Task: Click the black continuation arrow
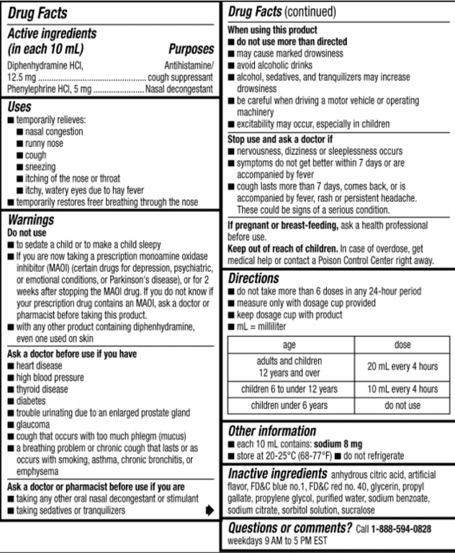pos(210,510)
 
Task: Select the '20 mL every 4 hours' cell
pos(402,366)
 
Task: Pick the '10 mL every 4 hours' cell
pos(402,389)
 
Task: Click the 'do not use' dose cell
pos(402,406)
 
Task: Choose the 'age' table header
pos(289,345)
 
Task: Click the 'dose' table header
pos(402,345)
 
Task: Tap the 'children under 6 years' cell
pos(289,406)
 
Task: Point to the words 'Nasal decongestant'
pos(179,89)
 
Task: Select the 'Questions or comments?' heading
pos(290,528)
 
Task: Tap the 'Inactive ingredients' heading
pos(277,475)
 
